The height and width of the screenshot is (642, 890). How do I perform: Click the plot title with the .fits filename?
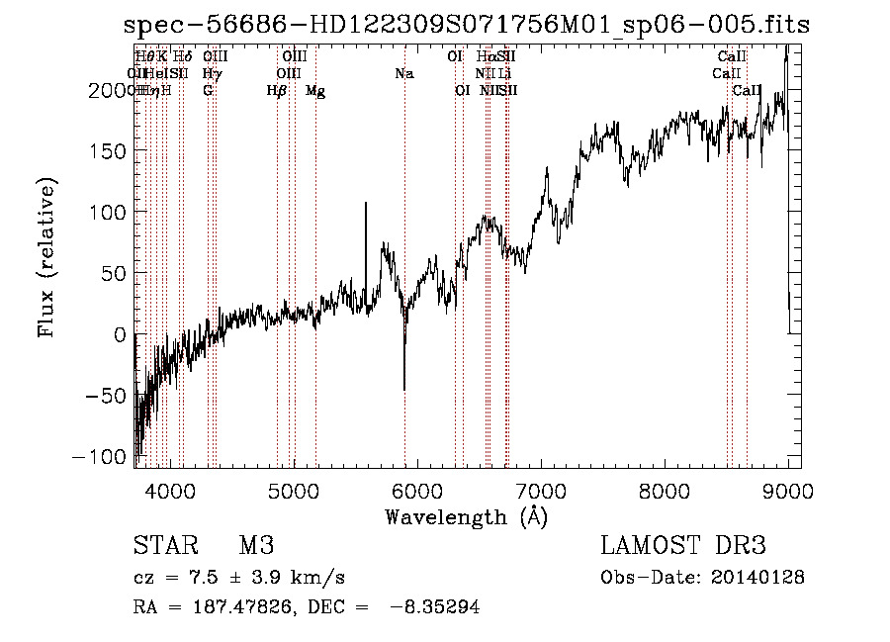click(468, 26)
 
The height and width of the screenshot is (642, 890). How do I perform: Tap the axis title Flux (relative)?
click(47, 258)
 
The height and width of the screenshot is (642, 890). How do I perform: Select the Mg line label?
click(315, 91)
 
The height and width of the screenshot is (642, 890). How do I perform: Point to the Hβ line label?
click(277, 91)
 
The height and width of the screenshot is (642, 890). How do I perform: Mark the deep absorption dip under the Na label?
click(404, 386)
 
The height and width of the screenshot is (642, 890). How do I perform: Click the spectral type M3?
click(255, 546)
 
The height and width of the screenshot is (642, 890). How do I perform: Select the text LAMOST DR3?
click(683, 546)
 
